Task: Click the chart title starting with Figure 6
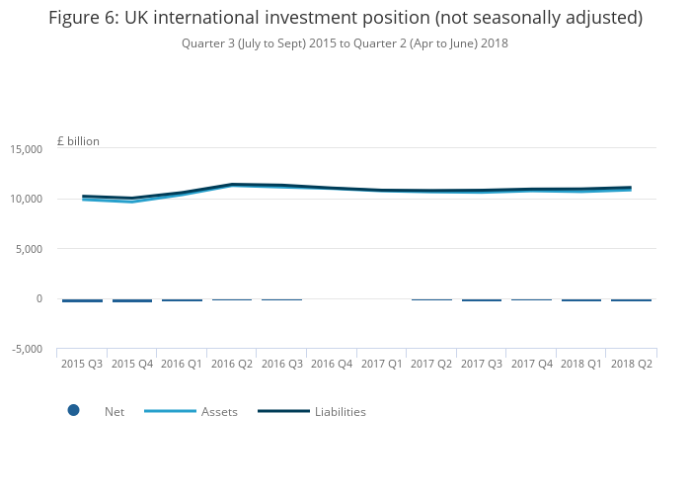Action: pyautogui.click(x=345, y=18)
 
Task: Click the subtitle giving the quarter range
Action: pyautogui.click(x=345, y=43)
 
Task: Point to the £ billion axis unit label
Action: pyautogui.click(x=78, y=141)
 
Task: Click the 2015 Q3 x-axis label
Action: pyautogui.click(x=82, y=364)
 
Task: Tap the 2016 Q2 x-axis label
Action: pyautogui.click(x=232, y=364)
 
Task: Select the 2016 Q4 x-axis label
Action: pyautogui.click(x=332, y=364)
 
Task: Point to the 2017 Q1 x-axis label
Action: pyautogui.click(x=381, y=364)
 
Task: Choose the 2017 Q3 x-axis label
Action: pyautogui.click(x=481, y=364)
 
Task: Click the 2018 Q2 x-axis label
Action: pyautogui.click(x=631, y=364)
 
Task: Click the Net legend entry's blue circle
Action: pyautogui.click(x=73, y=411)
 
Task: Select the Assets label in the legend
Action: pyautogui.click(x=219, y=412)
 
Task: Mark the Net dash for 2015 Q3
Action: pyautogui.click(x=82, y=300)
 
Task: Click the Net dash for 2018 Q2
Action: pyautogui.click(x=631, y=299)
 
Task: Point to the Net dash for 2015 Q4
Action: pyautogui.click(x=132, y=300)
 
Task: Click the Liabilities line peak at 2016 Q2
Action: pyautogui.click(x=232, y=184)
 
